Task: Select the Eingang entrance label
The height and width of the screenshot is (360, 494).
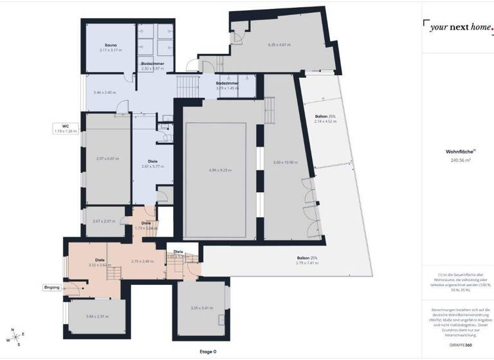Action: tap(52, 287)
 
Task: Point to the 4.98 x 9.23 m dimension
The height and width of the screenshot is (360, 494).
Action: tap(221, 170)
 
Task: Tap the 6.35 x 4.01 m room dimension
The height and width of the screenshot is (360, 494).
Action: tap(279, 45)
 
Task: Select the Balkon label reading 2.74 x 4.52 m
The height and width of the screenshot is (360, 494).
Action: tap(325, 118)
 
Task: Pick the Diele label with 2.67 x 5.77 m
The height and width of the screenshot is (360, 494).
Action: tap(152, 163)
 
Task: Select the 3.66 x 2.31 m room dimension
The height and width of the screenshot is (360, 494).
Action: tap(97, 316)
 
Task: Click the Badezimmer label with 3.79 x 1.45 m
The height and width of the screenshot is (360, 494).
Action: tap(228, 85)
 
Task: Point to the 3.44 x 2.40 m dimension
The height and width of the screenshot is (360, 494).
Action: tap(104, 93)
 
